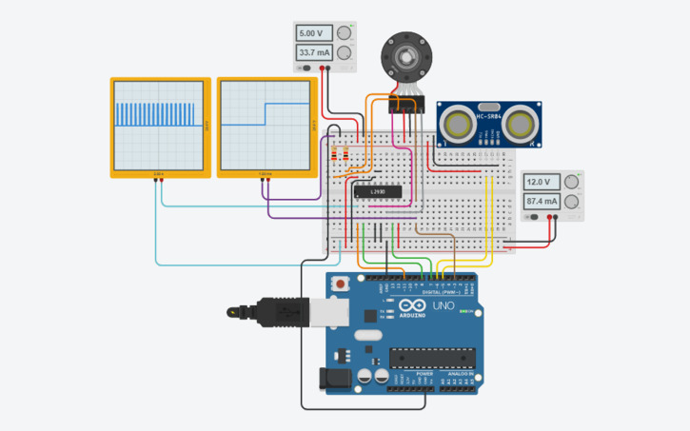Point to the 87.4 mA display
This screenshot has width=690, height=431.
pos(541,201)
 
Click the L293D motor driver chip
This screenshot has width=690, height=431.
pos(378,192)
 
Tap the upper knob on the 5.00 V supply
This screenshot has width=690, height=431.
pos(345,33)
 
